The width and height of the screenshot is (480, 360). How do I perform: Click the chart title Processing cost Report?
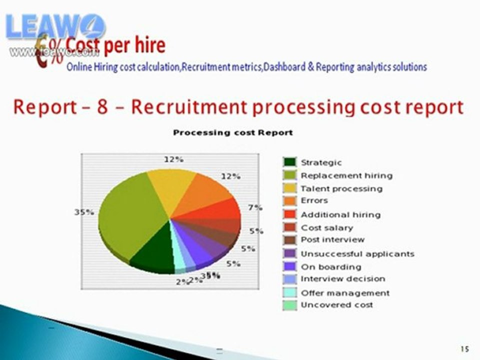pyautogui.click(x=232, y=132)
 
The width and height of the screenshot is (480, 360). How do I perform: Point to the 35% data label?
pyautogui.click(x=84, y=212)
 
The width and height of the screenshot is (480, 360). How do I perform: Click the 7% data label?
pyautogui.click(x=255, y=207)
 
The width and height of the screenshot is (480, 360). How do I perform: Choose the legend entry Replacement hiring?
pyautogui.click(x=346, y=175)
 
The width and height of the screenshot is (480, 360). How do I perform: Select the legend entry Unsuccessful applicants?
pyautogui.click(x=357, y=253)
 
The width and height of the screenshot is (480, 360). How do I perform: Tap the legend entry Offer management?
pyautogui.click(x=344, y=292)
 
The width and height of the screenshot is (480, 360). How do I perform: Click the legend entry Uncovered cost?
pyautogui.click(x=336, y=304)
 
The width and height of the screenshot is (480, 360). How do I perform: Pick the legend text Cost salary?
pyautogui.click(x=326, y=227)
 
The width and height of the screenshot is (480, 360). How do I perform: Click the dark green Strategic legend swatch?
pyautogui.click(x=289, y=162)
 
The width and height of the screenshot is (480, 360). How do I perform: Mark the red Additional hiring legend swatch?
pyautogui.click(x=289, y=214)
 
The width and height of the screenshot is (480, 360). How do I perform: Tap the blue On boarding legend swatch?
pyautogui.click(x=289, y=266)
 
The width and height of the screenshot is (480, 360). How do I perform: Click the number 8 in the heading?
pyautogui.click(x=102, y=107)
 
